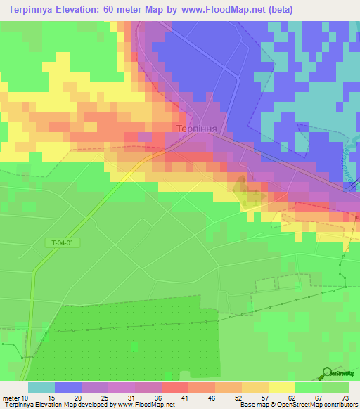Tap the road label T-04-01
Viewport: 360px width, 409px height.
62,243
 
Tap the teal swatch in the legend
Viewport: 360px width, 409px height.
41,387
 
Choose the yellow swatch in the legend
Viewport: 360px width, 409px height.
281,387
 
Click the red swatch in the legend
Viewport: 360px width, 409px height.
174,387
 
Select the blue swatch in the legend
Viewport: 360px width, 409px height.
68,387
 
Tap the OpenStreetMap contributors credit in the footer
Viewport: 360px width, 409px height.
309,405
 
